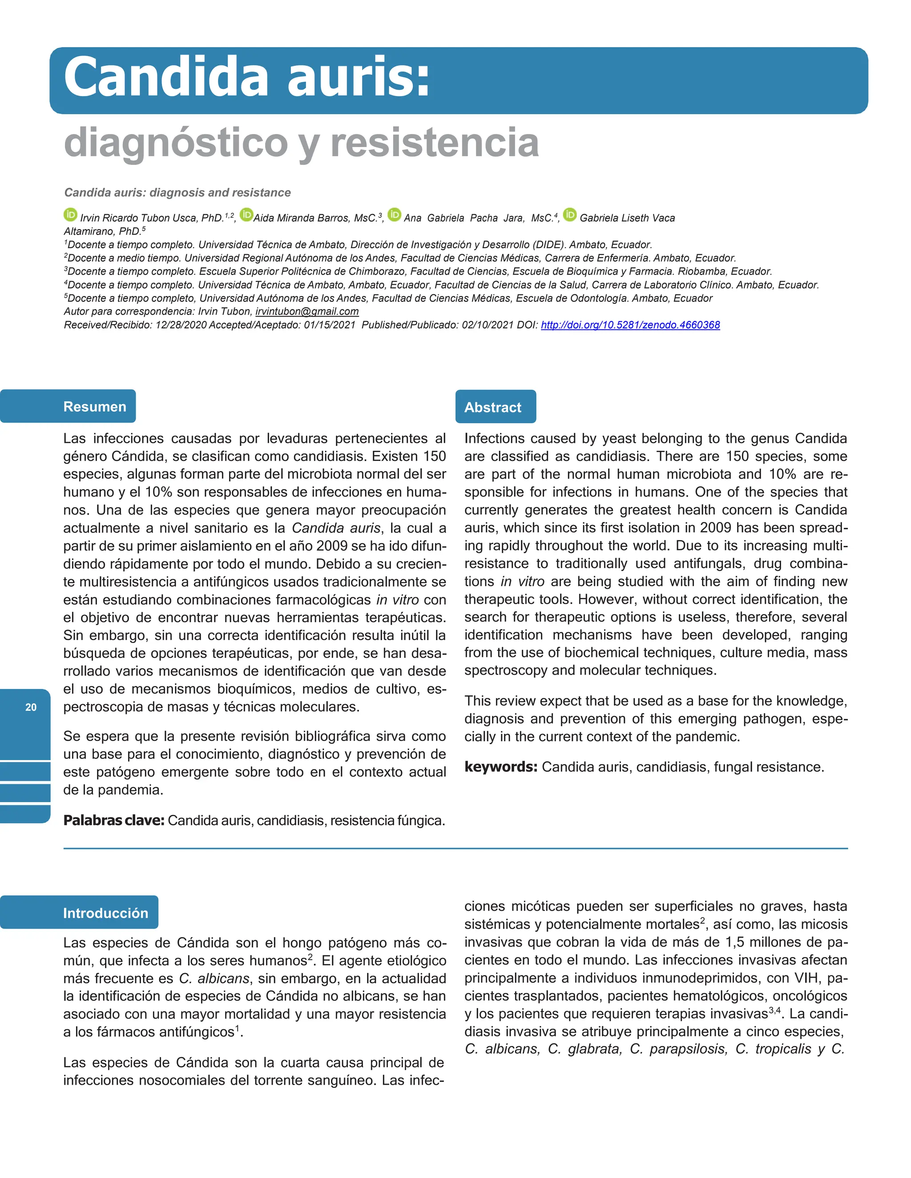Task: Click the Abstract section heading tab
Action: point(493,407)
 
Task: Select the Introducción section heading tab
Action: point(105,913)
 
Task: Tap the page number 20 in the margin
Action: point(31,707)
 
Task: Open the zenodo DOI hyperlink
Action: point(630,325)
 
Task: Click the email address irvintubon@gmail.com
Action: point(306,311)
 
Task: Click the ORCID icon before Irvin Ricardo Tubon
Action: point(70,215)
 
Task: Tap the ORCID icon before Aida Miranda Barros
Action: point(246,215)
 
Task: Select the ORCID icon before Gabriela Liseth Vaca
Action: point(569,215)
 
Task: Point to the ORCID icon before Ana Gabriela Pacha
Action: point(395,215)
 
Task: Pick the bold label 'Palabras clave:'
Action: point(114,821)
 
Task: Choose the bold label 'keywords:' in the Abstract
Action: point(500,767)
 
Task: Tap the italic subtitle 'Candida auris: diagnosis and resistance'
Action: point(177,192)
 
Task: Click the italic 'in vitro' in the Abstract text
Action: point(522,581)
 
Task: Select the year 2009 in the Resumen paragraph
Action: point(332,546)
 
